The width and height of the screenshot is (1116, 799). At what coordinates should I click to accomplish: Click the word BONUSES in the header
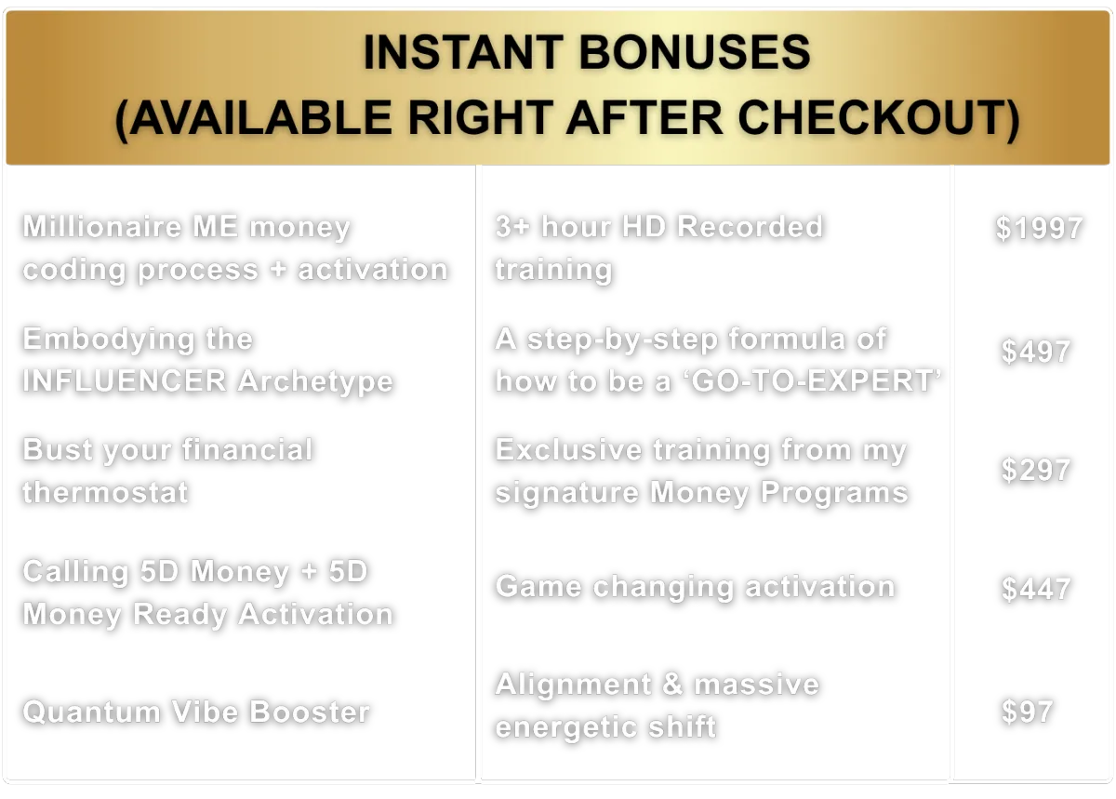point(695,52)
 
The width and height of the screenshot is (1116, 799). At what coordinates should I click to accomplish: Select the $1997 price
point(1040,228)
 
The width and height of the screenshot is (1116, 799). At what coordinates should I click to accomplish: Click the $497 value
point(1036,351)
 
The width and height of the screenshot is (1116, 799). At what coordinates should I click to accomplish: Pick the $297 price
point(1036,470)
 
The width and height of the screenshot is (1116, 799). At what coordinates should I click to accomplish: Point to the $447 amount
point(1036,589)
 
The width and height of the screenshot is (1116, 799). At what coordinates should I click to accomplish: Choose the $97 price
point(1027,711)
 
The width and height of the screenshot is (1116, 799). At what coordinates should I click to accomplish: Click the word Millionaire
point(102,226)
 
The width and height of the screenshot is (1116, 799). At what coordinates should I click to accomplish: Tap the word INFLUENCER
point(125,380)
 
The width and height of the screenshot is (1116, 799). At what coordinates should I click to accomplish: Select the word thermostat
point(106,492)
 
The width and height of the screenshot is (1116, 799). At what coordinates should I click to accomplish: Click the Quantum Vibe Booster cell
point(196,712)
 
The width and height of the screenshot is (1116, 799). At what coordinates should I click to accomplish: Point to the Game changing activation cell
point(695,587)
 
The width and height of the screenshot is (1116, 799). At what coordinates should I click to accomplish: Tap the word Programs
point(834,494)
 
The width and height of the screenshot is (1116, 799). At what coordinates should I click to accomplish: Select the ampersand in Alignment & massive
point(672,684)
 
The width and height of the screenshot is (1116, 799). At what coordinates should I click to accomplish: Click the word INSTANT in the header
point(463,52)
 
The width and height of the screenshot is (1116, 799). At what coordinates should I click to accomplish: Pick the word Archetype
point(315,381)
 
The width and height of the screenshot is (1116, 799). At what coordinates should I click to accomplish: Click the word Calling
point(75,572)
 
